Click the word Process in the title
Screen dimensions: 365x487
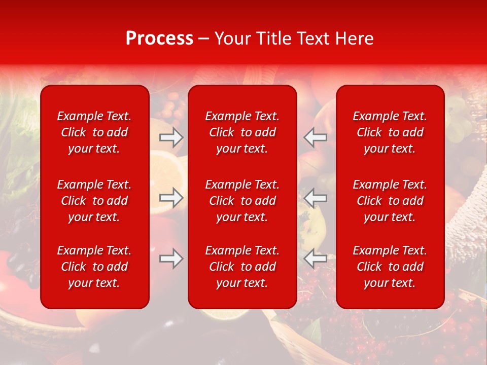tap(159, 39)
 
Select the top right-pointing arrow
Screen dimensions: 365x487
tap(171, 137)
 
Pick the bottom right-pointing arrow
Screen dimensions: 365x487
tap(171, 259)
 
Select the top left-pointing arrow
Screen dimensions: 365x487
tap(316, 137)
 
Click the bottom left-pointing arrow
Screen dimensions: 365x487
tap(316, 259)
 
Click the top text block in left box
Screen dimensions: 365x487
tap(94, 132)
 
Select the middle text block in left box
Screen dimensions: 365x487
tap(94, 201)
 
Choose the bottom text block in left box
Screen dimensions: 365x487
tap(94, 267)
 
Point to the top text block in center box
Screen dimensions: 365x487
tap(242, 132)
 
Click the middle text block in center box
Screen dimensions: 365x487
tap(242, 201)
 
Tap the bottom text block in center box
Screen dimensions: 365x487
tap(242, 267)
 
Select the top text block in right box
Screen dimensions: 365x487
tap(390, 132)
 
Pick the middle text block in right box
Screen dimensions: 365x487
tap(390, 201)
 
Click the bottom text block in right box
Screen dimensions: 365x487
tap(390, 267)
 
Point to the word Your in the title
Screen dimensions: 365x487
tap(233, 39)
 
